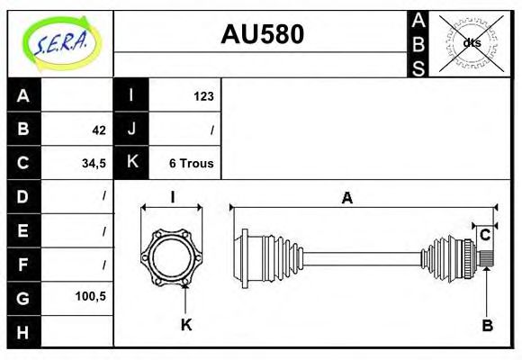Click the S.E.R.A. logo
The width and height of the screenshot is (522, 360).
[x=60, y=43]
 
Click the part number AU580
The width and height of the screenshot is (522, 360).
[x=262, y=34]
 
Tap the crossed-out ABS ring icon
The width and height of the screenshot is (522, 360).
[x=471, y=43]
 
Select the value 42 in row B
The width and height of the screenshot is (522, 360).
[x=99, y=130]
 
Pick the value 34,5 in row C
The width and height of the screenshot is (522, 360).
[x=94, y=164]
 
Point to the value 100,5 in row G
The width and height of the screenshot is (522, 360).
[x=91, y=296]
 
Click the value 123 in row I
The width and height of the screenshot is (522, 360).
[x=203, y=96]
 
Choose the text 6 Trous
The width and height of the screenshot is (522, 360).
[x=192, y=164]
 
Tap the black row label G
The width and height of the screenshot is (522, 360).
[x=23, y=298]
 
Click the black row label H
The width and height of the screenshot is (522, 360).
[x=23, y=332]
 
